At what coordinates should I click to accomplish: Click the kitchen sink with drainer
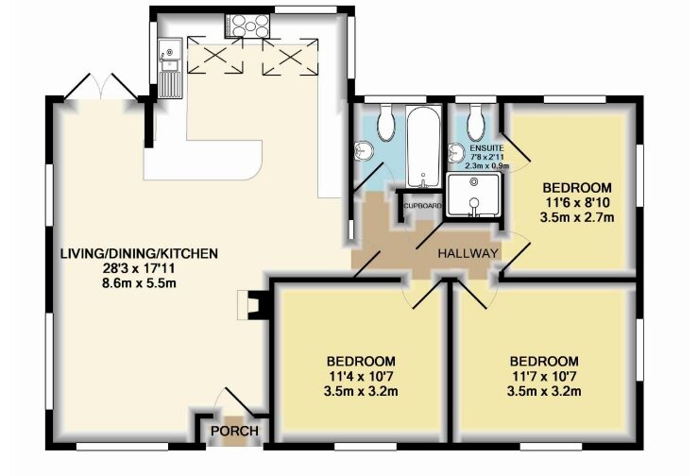pos(170,67)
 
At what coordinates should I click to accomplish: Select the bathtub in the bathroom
pos(421,146)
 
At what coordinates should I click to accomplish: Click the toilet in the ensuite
pos(476,120)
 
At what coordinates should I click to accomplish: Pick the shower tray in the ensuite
pos(475,195)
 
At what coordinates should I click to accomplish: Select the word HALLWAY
pos(467,254)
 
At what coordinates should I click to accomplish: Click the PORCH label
pos(233,432)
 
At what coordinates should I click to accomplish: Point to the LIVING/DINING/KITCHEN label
pos(139,253)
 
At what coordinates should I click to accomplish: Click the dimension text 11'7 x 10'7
pos(543,376)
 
